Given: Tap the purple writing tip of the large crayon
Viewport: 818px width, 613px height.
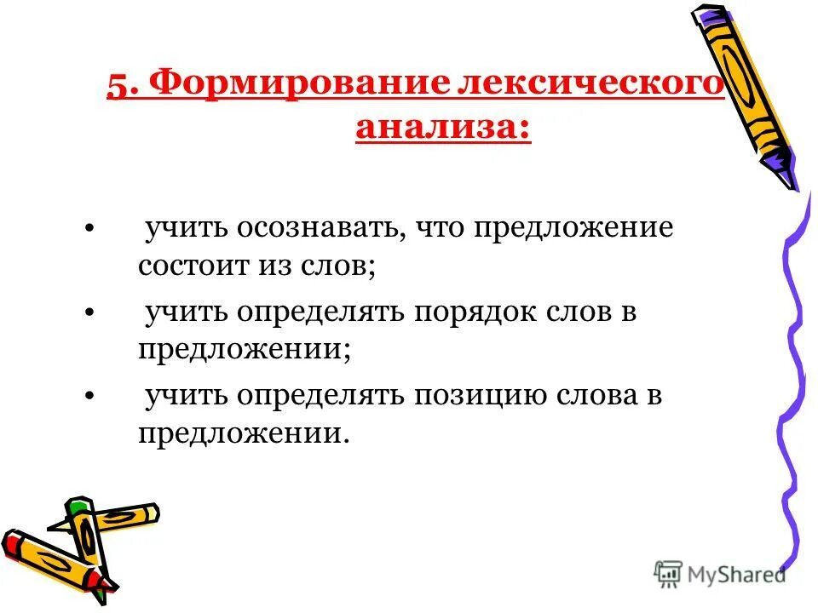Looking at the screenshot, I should tap(784, 174).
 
